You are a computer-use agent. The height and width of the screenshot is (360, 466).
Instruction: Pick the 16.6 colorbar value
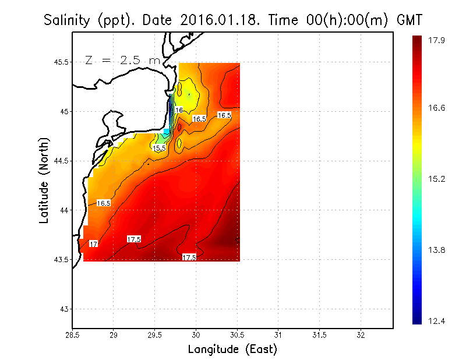click(436, 108)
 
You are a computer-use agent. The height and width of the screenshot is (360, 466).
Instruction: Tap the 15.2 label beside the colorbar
click(436, 179)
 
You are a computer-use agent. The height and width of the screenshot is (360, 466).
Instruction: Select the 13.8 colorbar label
click(436, 250)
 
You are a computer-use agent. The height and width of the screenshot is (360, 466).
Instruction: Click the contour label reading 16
click(178, 110)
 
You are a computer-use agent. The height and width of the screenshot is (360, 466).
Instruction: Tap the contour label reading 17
click(93, 244)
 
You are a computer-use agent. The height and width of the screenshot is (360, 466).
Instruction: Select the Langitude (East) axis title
click(232, 350)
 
